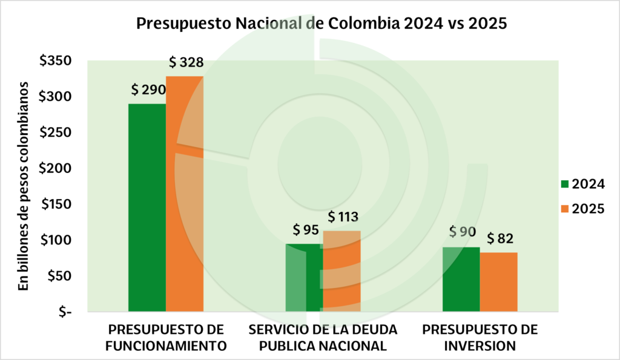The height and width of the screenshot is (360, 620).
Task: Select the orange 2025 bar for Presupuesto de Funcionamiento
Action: pyautogui.click(x=185, y=194)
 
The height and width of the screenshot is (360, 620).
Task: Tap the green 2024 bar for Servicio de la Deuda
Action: pyautogui.click(x=304, y=278)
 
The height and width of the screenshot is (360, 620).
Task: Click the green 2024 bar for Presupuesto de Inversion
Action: pyautogui.click(x=461, y=280)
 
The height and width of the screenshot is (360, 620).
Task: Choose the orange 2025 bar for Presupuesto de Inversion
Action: pyautogui.click(x=498, y=282)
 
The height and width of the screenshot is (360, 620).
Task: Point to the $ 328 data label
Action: pyautogui.click(x=186, y=62)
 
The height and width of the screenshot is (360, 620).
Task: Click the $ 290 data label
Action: pyautogui.click(x=148, y=90)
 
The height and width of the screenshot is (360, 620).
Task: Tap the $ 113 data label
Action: pyautogui.click(x=343, y=217)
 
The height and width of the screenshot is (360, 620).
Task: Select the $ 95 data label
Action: pyautogui.click(x=306, y=231)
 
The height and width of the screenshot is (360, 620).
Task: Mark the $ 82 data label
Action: pyautogui.click(x=500, y=238)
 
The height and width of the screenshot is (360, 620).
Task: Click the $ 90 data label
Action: pyautogui.click(x=463, y=232)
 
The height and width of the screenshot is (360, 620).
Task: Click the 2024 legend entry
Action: pyautogui.click(x=582, y=184)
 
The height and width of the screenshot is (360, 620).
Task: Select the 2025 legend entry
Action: pyautogui.click(x=582, y=209)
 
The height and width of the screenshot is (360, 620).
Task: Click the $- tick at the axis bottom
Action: pyautogui.click(x=63, y=312)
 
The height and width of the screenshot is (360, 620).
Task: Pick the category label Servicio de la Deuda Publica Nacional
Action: pyautogui.click(x=323, y=338)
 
